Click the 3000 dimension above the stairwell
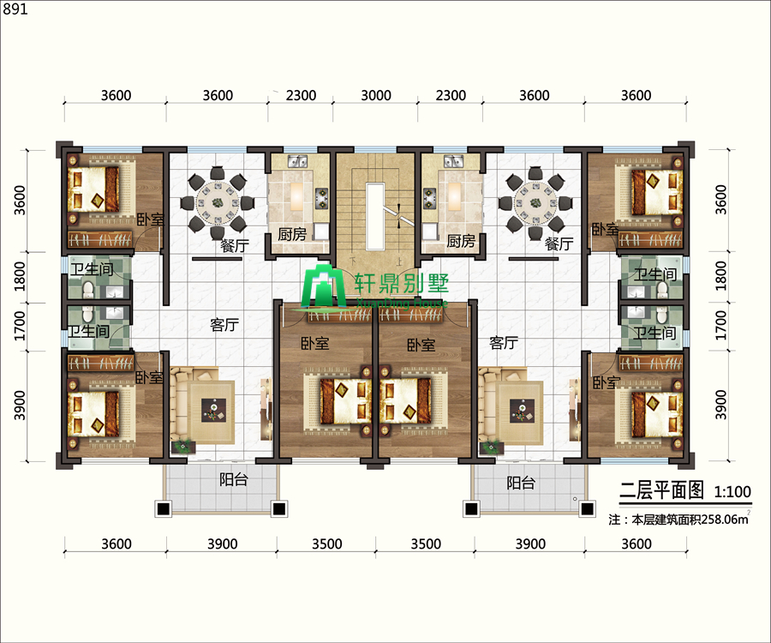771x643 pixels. pos(376,95)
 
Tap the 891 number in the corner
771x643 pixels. pos(15,9)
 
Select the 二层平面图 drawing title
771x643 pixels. pos(661,490)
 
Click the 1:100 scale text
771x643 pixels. pos(732,491)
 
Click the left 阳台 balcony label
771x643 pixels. pos(234,479)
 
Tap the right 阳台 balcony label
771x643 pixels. pos(521,484)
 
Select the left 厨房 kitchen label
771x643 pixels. pos(292,234)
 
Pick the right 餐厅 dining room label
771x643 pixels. pos(559,243)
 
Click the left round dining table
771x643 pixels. pos(218,202)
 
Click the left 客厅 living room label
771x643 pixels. pos(224,325)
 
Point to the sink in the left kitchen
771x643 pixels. pos(297,161)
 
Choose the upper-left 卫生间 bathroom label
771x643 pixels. pos(92,269)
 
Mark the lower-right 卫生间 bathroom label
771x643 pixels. pos(654,333)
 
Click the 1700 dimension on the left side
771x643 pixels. pos(20,325)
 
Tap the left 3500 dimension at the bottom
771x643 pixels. pos(327,544)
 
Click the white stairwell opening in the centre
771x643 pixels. pos(374,216)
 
